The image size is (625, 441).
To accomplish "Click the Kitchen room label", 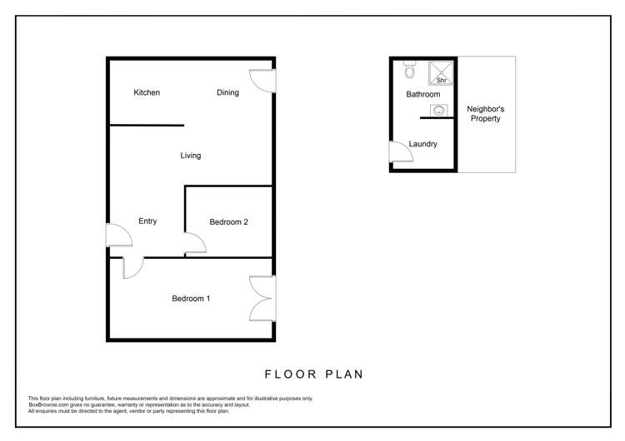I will point(147,92).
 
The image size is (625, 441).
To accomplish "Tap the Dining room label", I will point(227,92).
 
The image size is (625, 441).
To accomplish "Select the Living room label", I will point(191,156).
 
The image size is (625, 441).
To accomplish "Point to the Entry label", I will point(147,221).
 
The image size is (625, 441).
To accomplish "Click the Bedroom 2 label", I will point(228,222).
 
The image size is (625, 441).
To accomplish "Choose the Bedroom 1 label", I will point(191,299).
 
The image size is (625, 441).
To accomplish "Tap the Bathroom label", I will point(422,95).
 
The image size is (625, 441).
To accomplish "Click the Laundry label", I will point(423,144).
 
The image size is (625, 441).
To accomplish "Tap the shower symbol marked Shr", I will point(440,73).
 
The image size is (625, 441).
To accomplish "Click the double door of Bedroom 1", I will point(262,298).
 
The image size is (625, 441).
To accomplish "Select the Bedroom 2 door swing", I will point(196,244).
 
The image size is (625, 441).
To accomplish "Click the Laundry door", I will point(398,153).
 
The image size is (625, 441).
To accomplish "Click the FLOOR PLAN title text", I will point(313,374).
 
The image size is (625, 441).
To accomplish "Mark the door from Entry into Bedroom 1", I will point(133,267).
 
